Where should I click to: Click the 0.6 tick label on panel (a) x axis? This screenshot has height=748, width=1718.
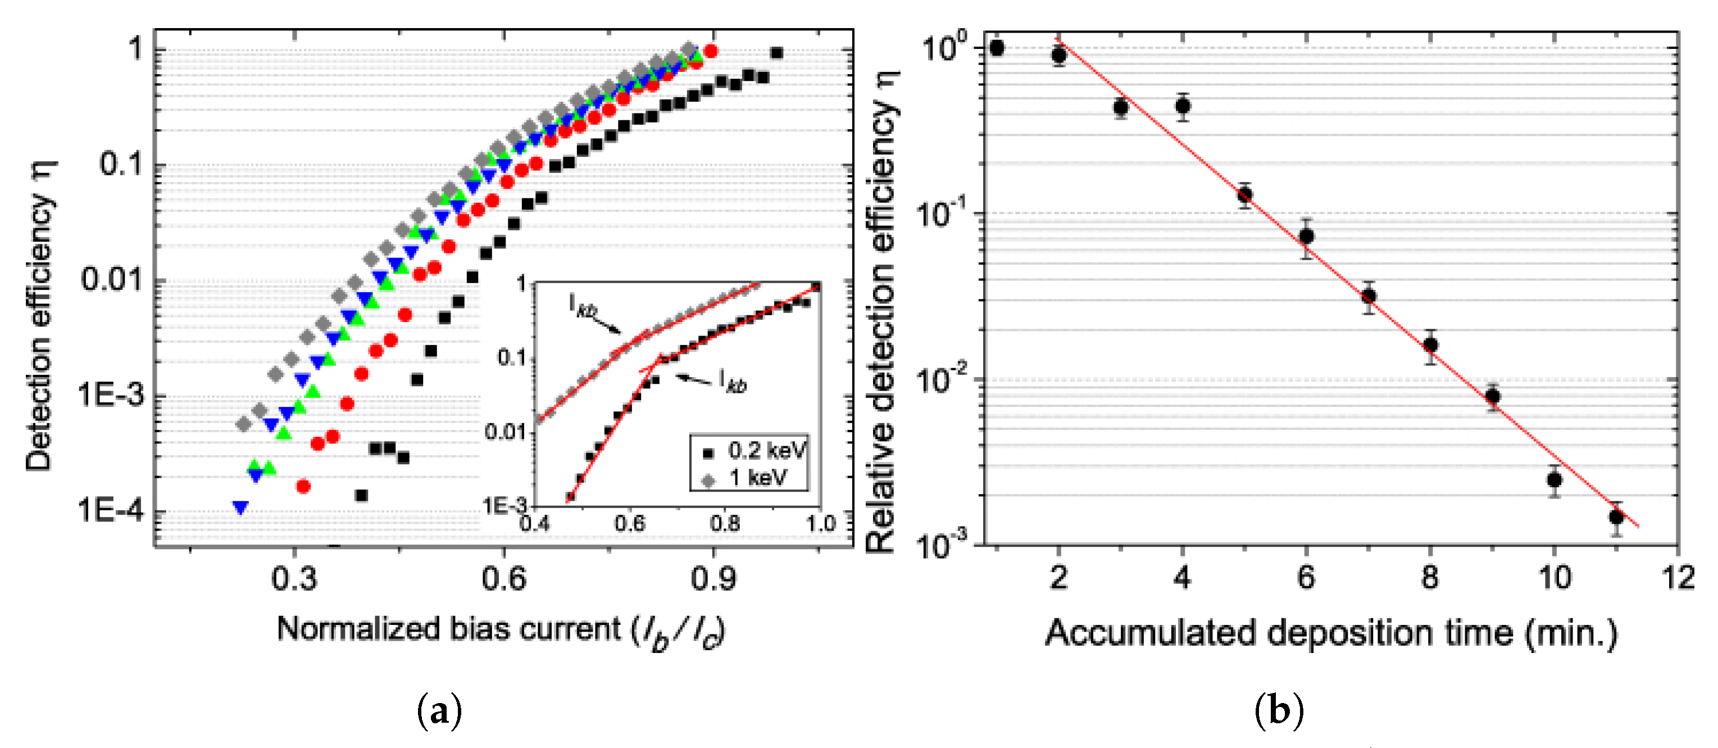pos(503,578)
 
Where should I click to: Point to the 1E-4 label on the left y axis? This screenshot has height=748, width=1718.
pos(111,510)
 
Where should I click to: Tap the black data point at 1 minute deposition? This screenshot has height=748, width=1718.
pos(997,48)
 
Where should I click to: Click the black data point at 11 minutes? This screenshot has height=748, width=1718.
pos(1616,517)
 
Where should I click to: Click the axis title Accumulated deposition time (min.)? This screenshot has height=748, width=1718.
pos(1331,633)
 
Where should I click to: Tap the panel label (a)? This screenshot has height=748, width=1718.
pos(439,711)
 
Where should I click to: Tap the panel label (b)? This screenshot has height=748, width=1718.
pos(1279,711)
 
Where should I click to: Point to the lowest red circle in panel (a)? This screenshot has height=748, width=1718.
pos(303,487)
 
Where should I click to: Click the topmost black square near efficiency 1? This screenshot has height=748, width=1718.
pos(776,53)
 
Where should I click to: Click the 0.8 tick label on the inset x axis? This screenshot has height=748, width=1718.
pos(724,523)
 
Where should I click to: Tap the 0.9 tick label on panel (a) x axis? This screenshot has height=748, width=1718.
pos(713,578)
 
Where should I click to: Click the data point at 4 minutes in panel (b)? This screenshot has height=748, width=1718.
pos(1183,106)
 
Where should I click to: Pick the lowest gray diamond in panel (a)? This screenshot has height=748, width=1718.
pos(244,424)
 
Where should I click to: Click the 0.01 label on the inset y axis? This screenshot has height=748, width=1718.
pos(506,432)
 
